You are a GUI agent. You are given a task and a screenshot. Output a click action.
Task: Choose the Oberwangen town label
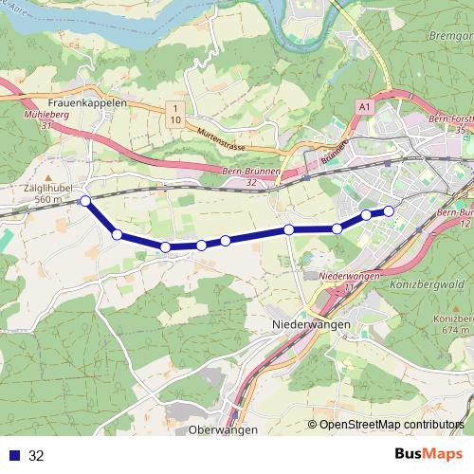(x=225, y=429)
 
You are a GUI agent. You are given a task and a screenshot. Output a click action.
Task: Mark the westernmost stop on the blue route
(x=85, y=201)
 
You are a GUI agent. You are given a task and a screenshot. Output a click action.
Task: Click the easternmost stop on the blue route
(x=388, y=210)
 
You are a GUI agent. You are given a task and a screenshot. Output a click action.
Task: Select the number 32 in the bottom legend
(x=36, y=455)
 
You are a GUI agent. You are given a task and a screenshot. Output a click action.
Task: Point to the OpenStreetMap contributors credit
(x=392, y=425)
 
